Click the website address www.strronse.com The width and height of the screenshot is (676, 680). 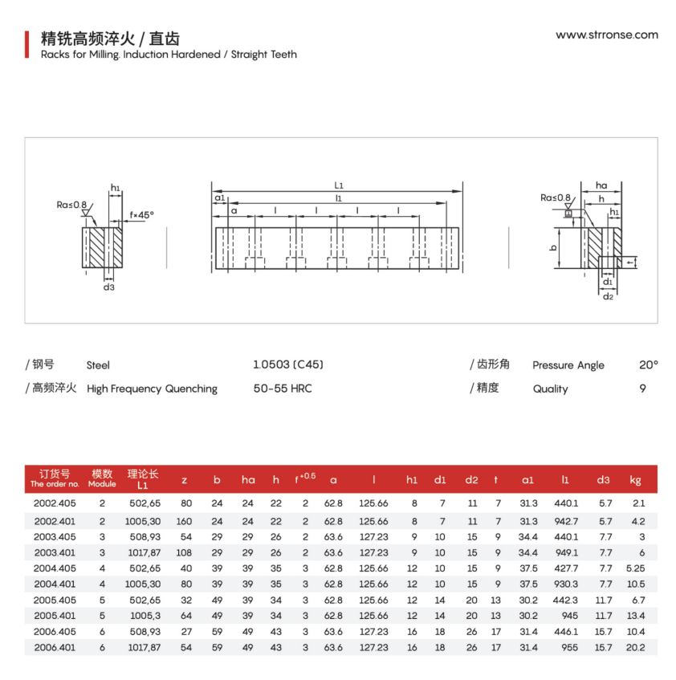(x=606, y=35)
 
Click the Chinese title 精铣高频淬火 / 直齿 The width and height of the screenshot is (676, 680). (x=104, y=38)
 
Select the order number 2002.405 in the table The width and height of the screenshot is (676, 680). (x=55, y=503)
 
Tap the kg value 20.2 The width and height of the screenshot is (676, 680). (x=635, y=647)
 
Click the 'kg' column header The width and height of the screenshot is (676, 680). (x=635, y=480)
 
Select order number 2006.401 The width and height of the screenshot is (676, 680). (x=55, y=647)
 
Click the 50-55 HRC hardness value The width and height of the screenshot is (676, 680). (x=282, y=389)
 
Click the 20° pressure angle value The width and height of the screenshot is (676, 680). (x=648, y=364)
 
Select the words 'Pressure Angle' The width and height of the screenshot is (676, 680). (x=568, y=365)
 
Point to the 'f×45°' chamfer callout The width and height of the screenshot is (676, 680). (x=141, y=214)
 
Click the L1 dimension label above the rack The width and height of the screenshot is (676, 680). (x=339, y=185)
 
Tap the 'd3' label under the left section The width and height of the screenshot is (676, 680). (x=108, y=287)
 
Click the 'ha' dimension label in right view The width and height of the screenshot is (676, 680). (x=601, y=185)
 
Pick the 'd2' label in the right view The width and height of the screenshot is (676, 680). (x=608, y=297)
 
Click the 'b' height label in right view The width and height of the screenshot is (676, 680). (x=553, y=248)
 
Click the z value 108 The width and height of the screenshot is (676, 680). (x=184, y=552)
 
